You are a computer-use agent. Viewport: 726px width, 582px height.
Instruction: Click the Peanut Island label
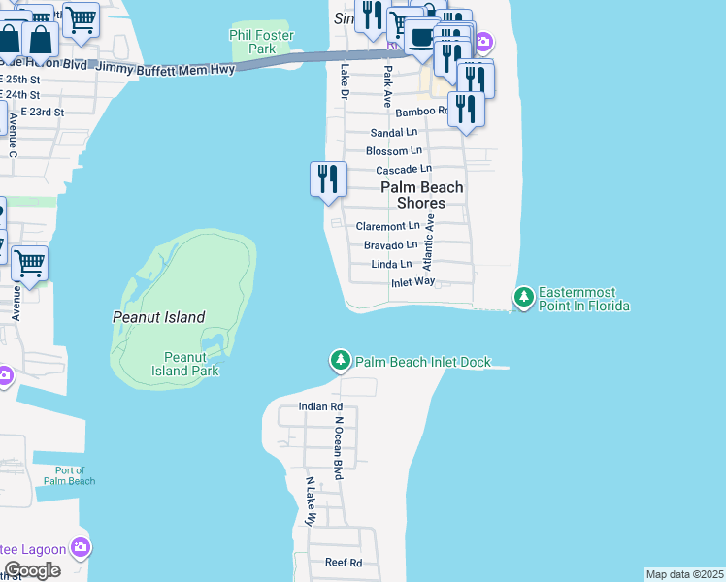(158, 317)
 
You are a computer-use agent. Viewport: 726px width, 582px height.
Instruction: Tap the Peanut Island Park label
(184, 364)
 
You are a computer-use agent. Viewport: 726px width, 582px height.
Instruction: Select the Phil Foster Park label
(260, 42)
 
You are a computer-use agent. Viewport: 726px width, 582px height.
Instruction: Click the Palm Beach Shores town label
(421, 195)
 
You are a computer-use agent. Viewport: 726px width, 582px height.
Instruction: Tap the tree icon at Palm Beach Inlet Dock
(341, 361)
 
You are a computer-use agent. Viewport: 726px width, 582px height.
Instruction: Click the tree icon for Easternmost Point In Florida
(524, 297)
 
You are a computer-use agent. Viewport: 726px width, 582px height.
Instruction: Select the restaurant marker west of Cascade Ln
(328, 179)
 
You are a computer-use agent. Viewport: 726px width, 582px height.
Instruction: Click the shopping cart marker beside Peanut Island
(30, 263)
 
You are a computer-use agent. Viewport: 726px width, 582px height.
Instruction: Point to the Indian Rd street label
(320, 406)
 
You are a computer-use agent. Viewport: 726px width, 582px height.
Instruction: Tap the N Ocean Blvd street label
(340, 448)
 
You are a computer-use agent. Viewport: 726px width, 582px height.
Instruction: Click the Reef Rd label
(344, 563)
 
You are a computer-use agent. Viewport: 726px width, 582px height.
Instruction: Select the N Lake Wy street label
(311, 501)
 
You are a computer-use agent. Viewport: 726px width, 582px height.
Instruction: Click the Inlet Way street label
(412, 282)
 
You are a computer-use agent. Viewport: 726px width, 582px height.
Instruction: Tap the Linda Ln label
(392, 264)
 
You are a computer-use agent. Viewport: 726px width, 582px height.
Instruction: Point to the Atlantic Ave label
(432, 238)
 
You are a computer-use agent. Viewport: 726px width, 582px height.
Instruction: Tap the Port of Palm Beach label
(69, 475)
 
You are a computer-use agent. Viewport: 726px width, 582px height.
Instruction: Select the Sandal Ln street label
(394, 133)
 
